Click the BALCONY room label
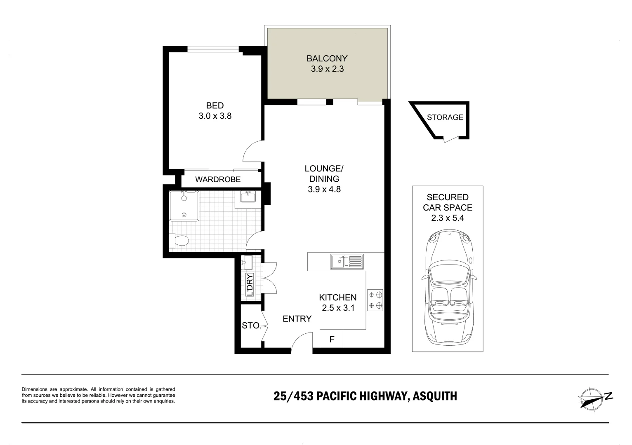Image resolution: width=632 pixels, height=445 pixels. tap(327, 59)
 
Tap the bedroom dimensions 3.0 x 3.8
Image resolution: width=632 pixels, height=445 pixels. tap(215, 116)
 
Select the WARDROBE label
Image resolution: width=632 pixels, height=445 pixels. tap(218, 180)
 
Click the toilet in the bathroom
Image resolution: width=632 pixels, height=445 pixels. tap(179, 240)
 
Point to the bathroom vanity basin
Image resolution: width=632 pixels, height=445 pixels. tap(248, 197)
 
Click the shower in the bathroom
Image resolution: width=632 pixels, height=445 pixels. tap(184, 206)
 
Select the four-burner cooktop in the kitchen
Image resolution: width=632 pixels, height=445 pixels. tap(375, 300)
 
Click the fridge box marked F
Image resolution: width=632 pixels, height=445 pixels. tap(331, 340)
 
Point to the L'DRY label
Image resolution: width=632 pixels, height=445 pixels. tap(249, 285)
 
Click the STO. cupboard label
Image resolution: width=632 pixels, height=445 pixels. tap(251, 326)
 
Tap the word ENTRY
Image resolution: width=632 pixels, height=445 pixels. tap(297, 319)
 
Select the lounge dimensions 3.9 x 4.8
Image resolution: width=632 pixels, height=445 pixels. tap(324, 190)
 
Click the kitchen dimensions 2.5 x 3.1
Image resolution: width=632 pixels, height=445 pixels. tap(338, 308)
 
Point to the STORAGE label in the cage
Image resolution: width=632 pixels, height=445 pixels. tap(445, 117)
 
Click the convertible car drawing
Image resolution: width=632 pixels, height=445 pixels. tap(448, 288)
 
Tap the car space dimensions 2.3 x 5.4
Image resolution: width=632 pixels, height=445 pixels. tap(448, 218)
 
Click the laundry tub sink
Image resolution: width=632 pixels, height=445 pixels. tap(248, 261)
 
